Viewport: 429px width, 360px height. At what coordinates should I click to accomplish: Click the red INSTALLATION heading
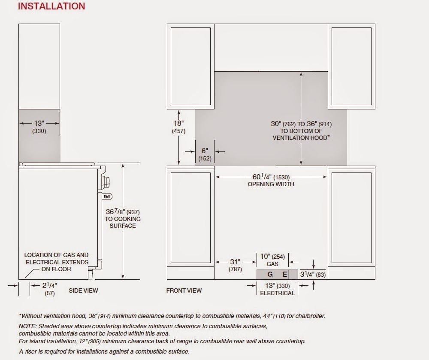click(x=51, y=6)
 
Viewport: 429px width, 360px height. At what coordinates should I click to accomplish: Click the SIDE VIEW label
click(x=83, y=290)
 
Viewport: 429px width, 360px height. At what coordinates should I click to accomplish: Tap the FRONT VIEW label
click(x=184, y=290)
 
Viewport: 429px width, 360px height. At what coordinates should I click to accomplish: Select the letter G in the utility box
click(x=270, y=274)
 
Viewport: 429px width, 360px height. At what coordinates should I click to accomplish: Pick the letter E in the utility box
click(x=285, y=274)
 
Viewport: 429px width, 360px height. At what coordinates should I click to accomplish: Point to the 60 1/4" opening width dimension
click(x=271, y=177)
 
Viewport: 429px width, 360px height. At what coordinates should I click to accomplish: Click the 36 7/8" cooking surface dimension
click(x=123, y=212)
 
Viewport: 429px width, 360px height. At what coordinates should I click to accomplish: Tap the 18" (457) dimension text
click(x=178, y=127)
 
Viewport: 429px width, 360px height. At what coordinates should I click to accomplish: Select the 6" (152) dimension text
click(x=205, y=154)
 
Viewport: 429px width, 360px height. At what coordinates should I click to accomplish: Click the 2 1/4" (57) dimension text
click(x=50, y=289)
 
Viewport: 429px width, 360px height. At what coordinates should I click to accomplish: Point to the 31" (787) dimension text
click(x=235, y=265)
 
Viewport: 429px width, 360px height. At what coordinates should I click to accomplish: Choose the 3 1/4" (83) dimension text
click(x=313, y=274)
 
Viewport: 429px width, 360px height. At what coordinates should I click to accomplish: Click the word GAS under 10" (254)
click(x=272, y=264)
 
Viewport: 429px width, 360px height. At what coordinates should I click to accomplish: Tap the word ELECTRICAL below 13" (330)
click(x=277, y=293)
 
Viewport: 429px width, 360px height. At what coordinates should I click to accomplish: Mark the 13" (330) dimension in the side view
click(x=39, y=127)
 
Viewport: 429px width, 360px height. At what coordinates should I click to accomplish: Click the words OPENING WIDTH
click(x=271, y=184)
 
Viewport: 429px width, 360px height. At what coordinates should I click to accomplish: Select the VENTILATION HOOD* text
click(x=301, y=138)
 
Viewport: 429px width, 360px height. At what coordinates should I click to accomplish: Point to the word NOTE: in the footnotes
click(x=27, y=326)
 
